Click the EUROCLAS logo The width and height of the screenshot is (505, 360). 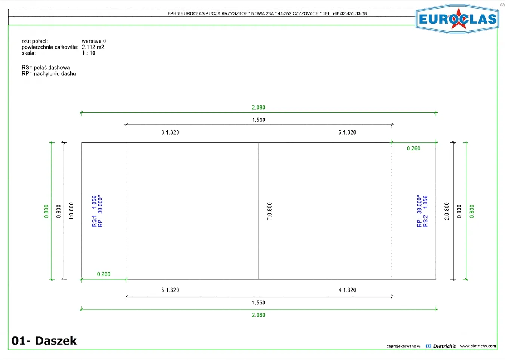457,19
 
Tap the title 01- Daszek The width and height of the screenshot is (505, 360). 44,341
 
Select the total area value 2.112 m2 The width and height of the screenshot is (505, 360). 93,47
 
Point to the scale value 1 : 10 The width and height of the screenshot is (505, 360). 89,53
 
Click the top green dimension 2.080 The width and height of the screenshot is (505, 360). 258,107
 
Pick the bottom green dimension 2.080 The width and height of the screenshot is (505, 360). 258,315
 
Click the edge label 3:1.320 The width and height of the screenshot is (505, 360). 170,132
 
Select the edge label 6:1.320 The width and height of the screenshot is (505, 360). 347,132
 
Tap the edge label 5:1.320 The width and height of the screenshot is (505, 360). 170,290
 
